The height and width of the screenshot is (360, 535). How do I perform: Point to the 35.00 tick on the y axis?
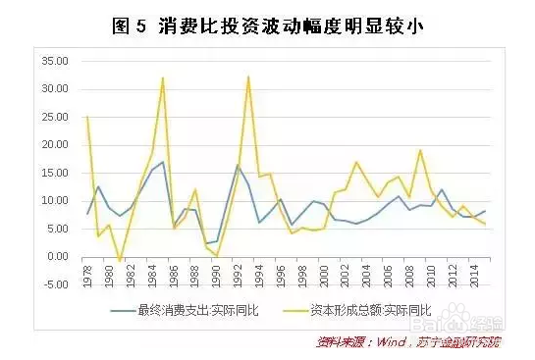[x=52, y=61]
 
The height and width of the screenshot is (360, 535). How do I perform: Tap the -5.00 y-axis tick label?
[x=52, y=284]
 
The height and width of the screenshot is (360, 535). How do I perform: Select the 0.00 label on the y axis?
[x=54, y=257]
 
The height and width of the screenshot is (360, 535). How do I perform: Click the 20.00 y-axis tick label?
[x=52, y=145]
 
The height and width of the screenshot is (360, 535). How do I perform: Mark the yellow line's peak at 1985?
[x=163, y=77]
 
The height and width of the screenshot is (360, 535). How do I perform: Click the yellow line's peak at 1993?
[x=248, y=77]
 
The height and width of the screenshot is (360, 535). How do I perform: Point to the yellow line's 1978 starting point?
[x=88, y=117]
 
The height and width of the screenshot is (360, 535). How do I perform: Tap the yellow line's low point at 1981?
[x=120, y=262]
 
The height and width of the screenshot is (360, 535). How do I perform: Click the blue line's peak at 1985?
[x=163, y=162]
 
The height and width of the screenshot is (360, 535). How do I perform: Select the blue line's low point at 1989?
[x=206, y=243]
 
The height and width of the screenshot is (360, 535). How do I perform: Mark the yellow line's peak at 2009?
[x=420, y=150]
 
